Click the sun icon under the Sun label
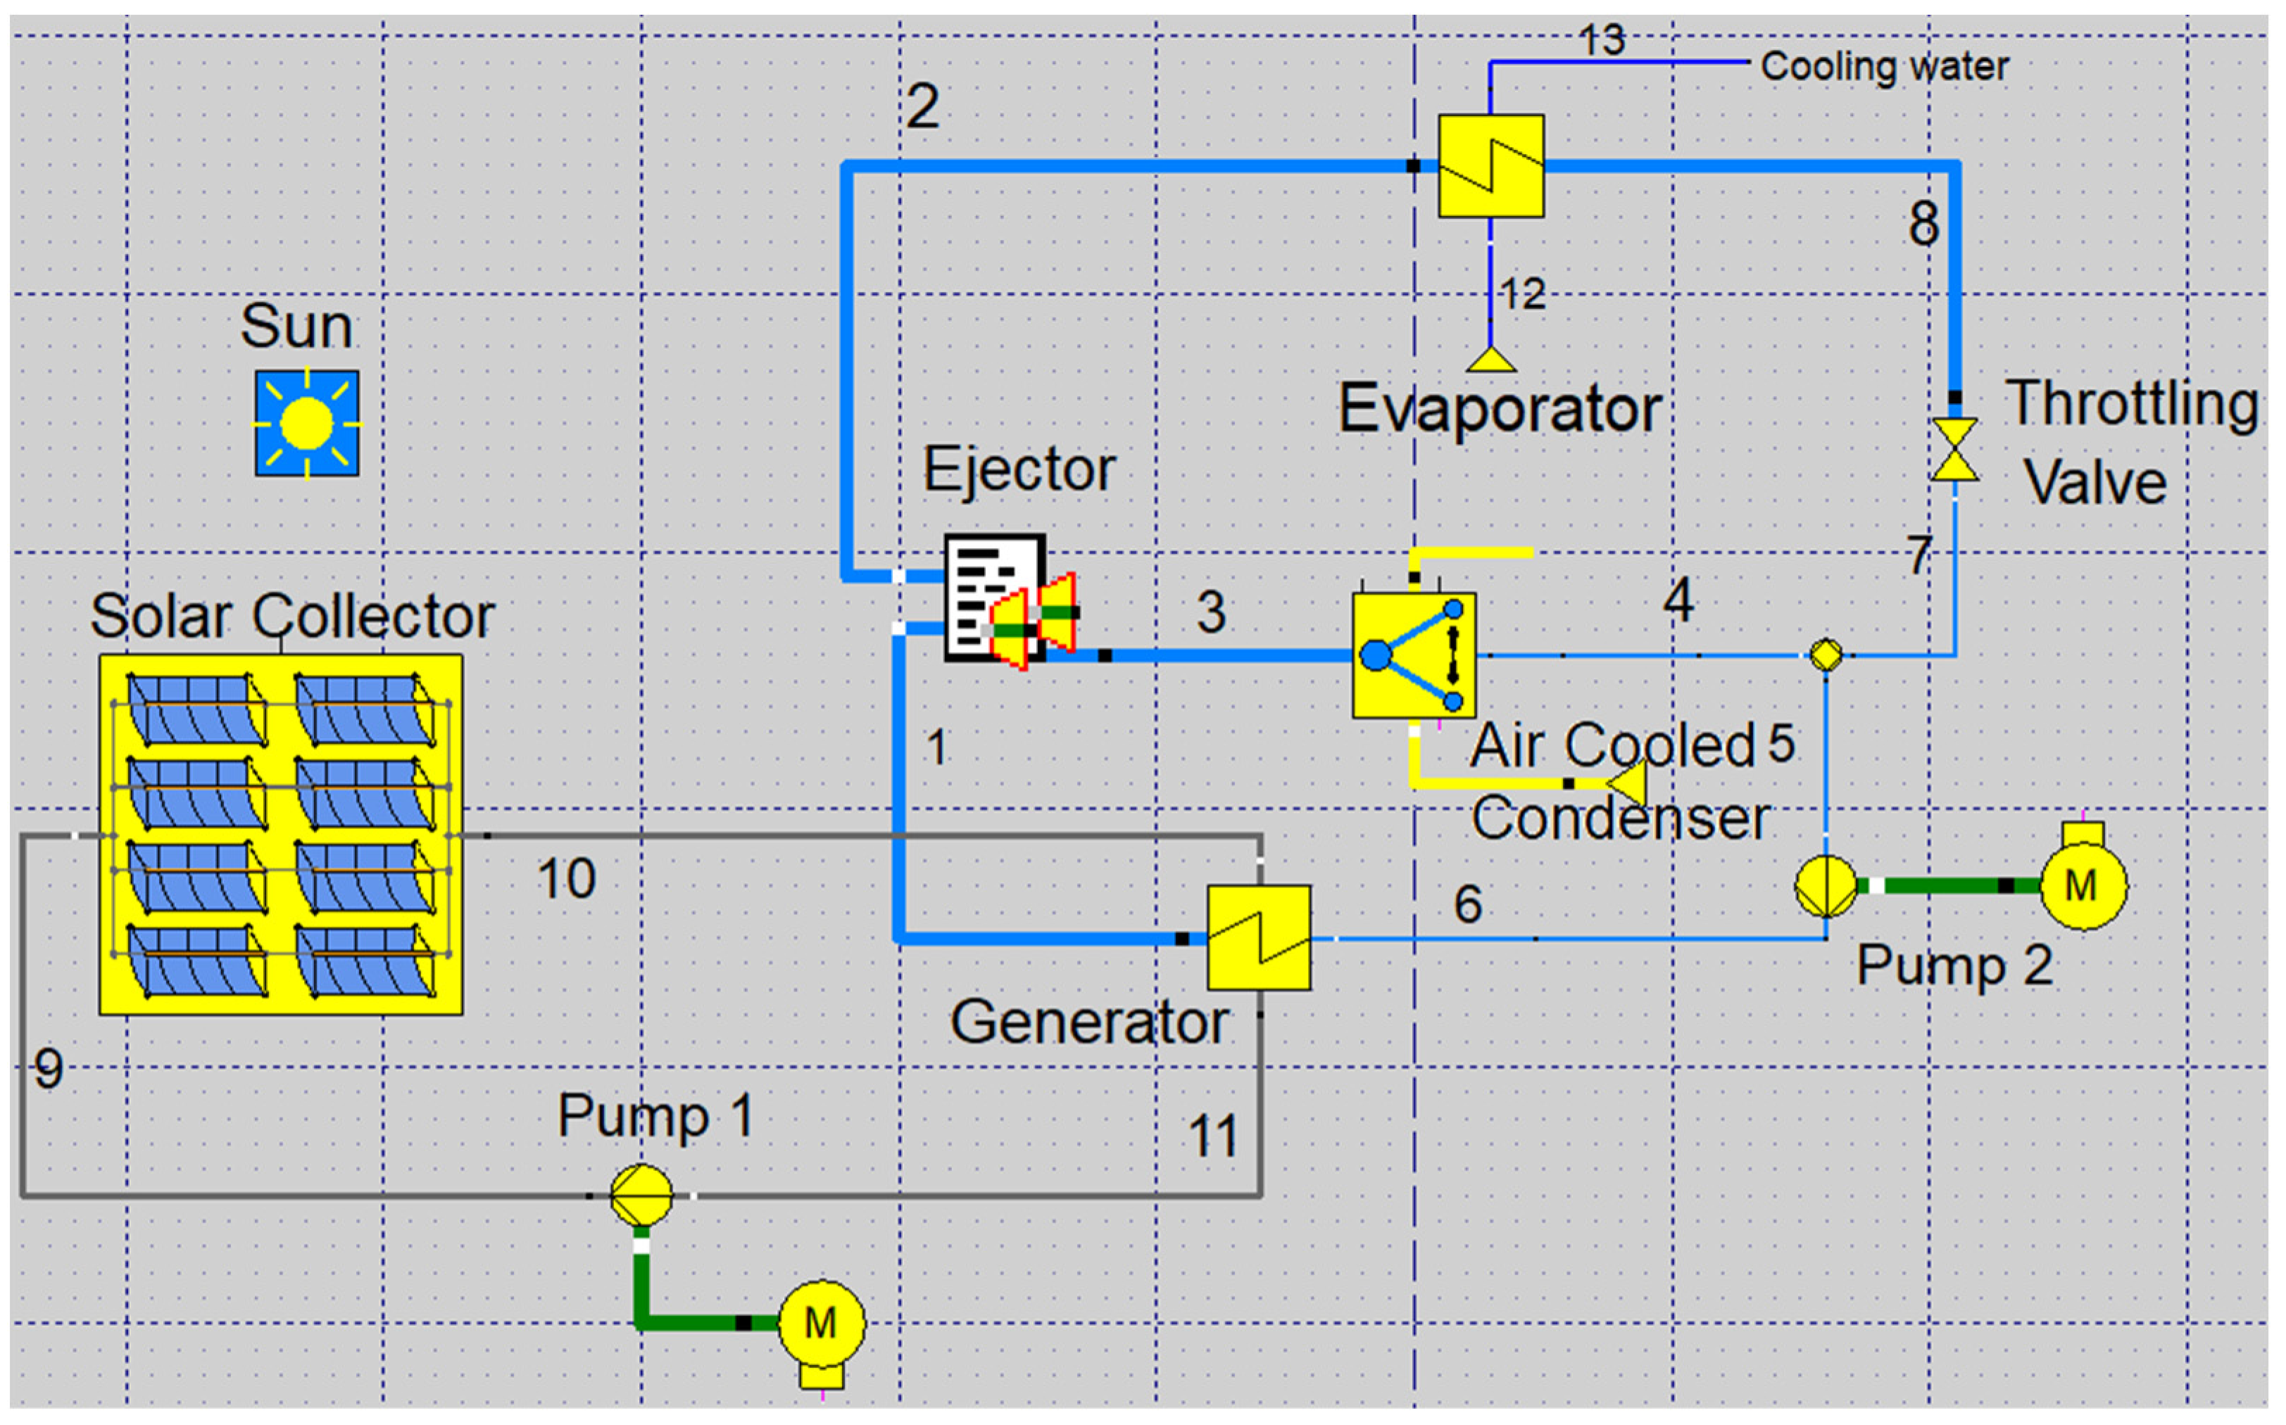tap(306, 422)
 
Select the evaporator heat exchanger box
tap(1490, 166)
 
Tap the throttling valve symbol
tap(1954, 450)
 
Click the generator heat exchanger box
tap(1259, 937)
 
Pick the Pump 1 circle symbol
tap(641, 1195)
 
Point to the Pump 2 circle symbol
tap(1825, 886)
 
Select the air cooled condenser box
tap(1413, 655)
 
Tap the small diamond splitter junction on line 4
tap(1826, 654)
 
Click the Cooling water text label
tap(1883, 66)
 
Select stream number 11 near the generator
tap(1212, 1136)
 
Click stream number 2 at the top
tap(922, 106)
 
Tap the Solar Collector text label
tap(291, 616)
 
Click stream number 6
tap(1468, 904)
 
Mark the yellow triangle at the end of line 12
tap(1490, 360)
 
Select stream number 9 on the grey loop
tap(48, 1069)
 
